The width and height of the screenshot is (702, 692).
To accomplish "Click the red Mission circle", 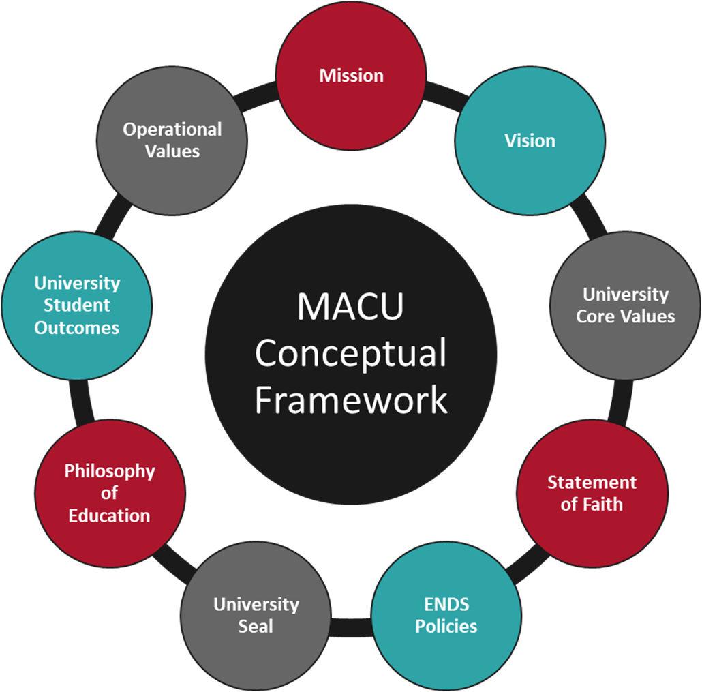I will [351, 75].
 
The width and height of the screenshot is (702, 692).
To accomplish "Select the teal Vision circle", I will [530, 140].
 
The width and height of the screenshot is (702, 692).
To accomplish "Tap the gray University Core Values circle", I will [625, 305].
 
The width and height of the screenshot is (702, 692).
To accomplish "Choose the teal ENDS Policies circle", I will [446, 615].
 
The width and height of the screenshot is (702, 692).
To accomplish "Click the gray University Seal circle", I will [256, 615].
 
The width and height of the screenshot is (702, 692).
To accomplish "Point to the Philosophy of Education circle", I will [110, 492].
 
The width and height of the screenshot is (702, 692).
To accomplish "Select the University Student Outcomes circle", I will [77, 305].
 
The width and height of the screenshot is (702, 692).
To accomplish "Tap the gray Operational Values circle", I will [172, 140].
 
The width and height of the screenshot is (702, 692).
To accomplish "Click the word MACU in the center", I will [350, 306].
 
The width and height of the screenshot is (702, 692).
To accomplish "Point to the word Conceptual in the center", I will [350, 353].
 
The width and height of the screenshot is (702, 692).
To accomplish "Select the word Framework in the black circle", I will [350, 400].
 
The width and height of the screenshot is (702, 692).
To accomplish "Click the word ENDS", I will [446, 604].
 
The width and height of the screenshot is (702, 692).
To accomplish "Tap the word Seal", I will [256, 626].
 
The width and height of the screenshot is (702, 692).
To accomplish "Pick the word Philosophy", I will [110, 470].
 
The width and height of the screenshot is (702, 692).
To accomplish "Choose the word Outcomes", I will [77, 327].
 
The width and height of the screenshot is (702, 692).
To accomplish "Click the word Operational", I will [172, 129].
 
